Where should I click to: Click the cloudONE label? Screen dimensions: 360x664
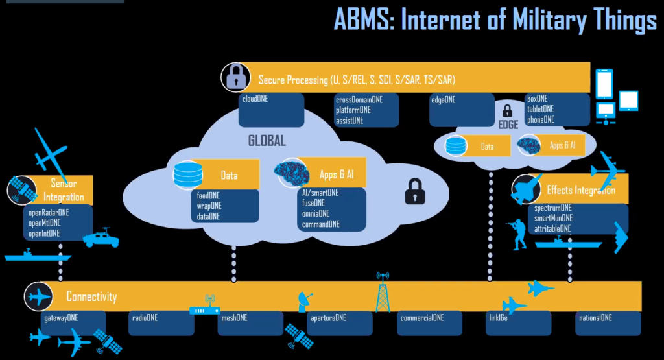[255, 100]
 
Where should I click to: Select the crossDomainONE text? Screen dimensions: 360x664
[359, 100]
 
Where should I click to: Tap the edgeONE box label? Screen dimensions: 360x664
[443, 100]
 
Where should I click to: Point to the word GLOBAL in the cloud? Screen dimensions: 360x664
[267, 141]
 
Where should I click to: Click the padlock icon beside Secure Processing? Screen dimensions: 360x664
[235, 77]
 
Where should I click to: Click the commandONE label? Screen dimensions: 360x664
[320, 224]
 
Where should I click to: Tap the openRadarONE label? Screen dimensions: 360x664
[49, 212]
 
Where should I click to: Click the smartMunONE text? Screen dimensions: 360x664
[552, 218]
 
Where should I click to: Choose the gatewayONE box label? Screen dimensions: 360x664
[61, 318]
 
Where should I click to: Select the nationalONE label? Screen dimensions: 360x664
[596, 318]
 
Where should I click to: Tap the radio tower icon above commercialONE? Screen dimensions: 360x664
[384, 292]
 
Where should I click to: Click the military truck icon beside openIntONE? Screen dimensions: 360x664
[101, 238]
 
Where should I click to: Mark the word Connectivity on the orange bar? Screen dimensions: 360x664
[91, 297]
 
